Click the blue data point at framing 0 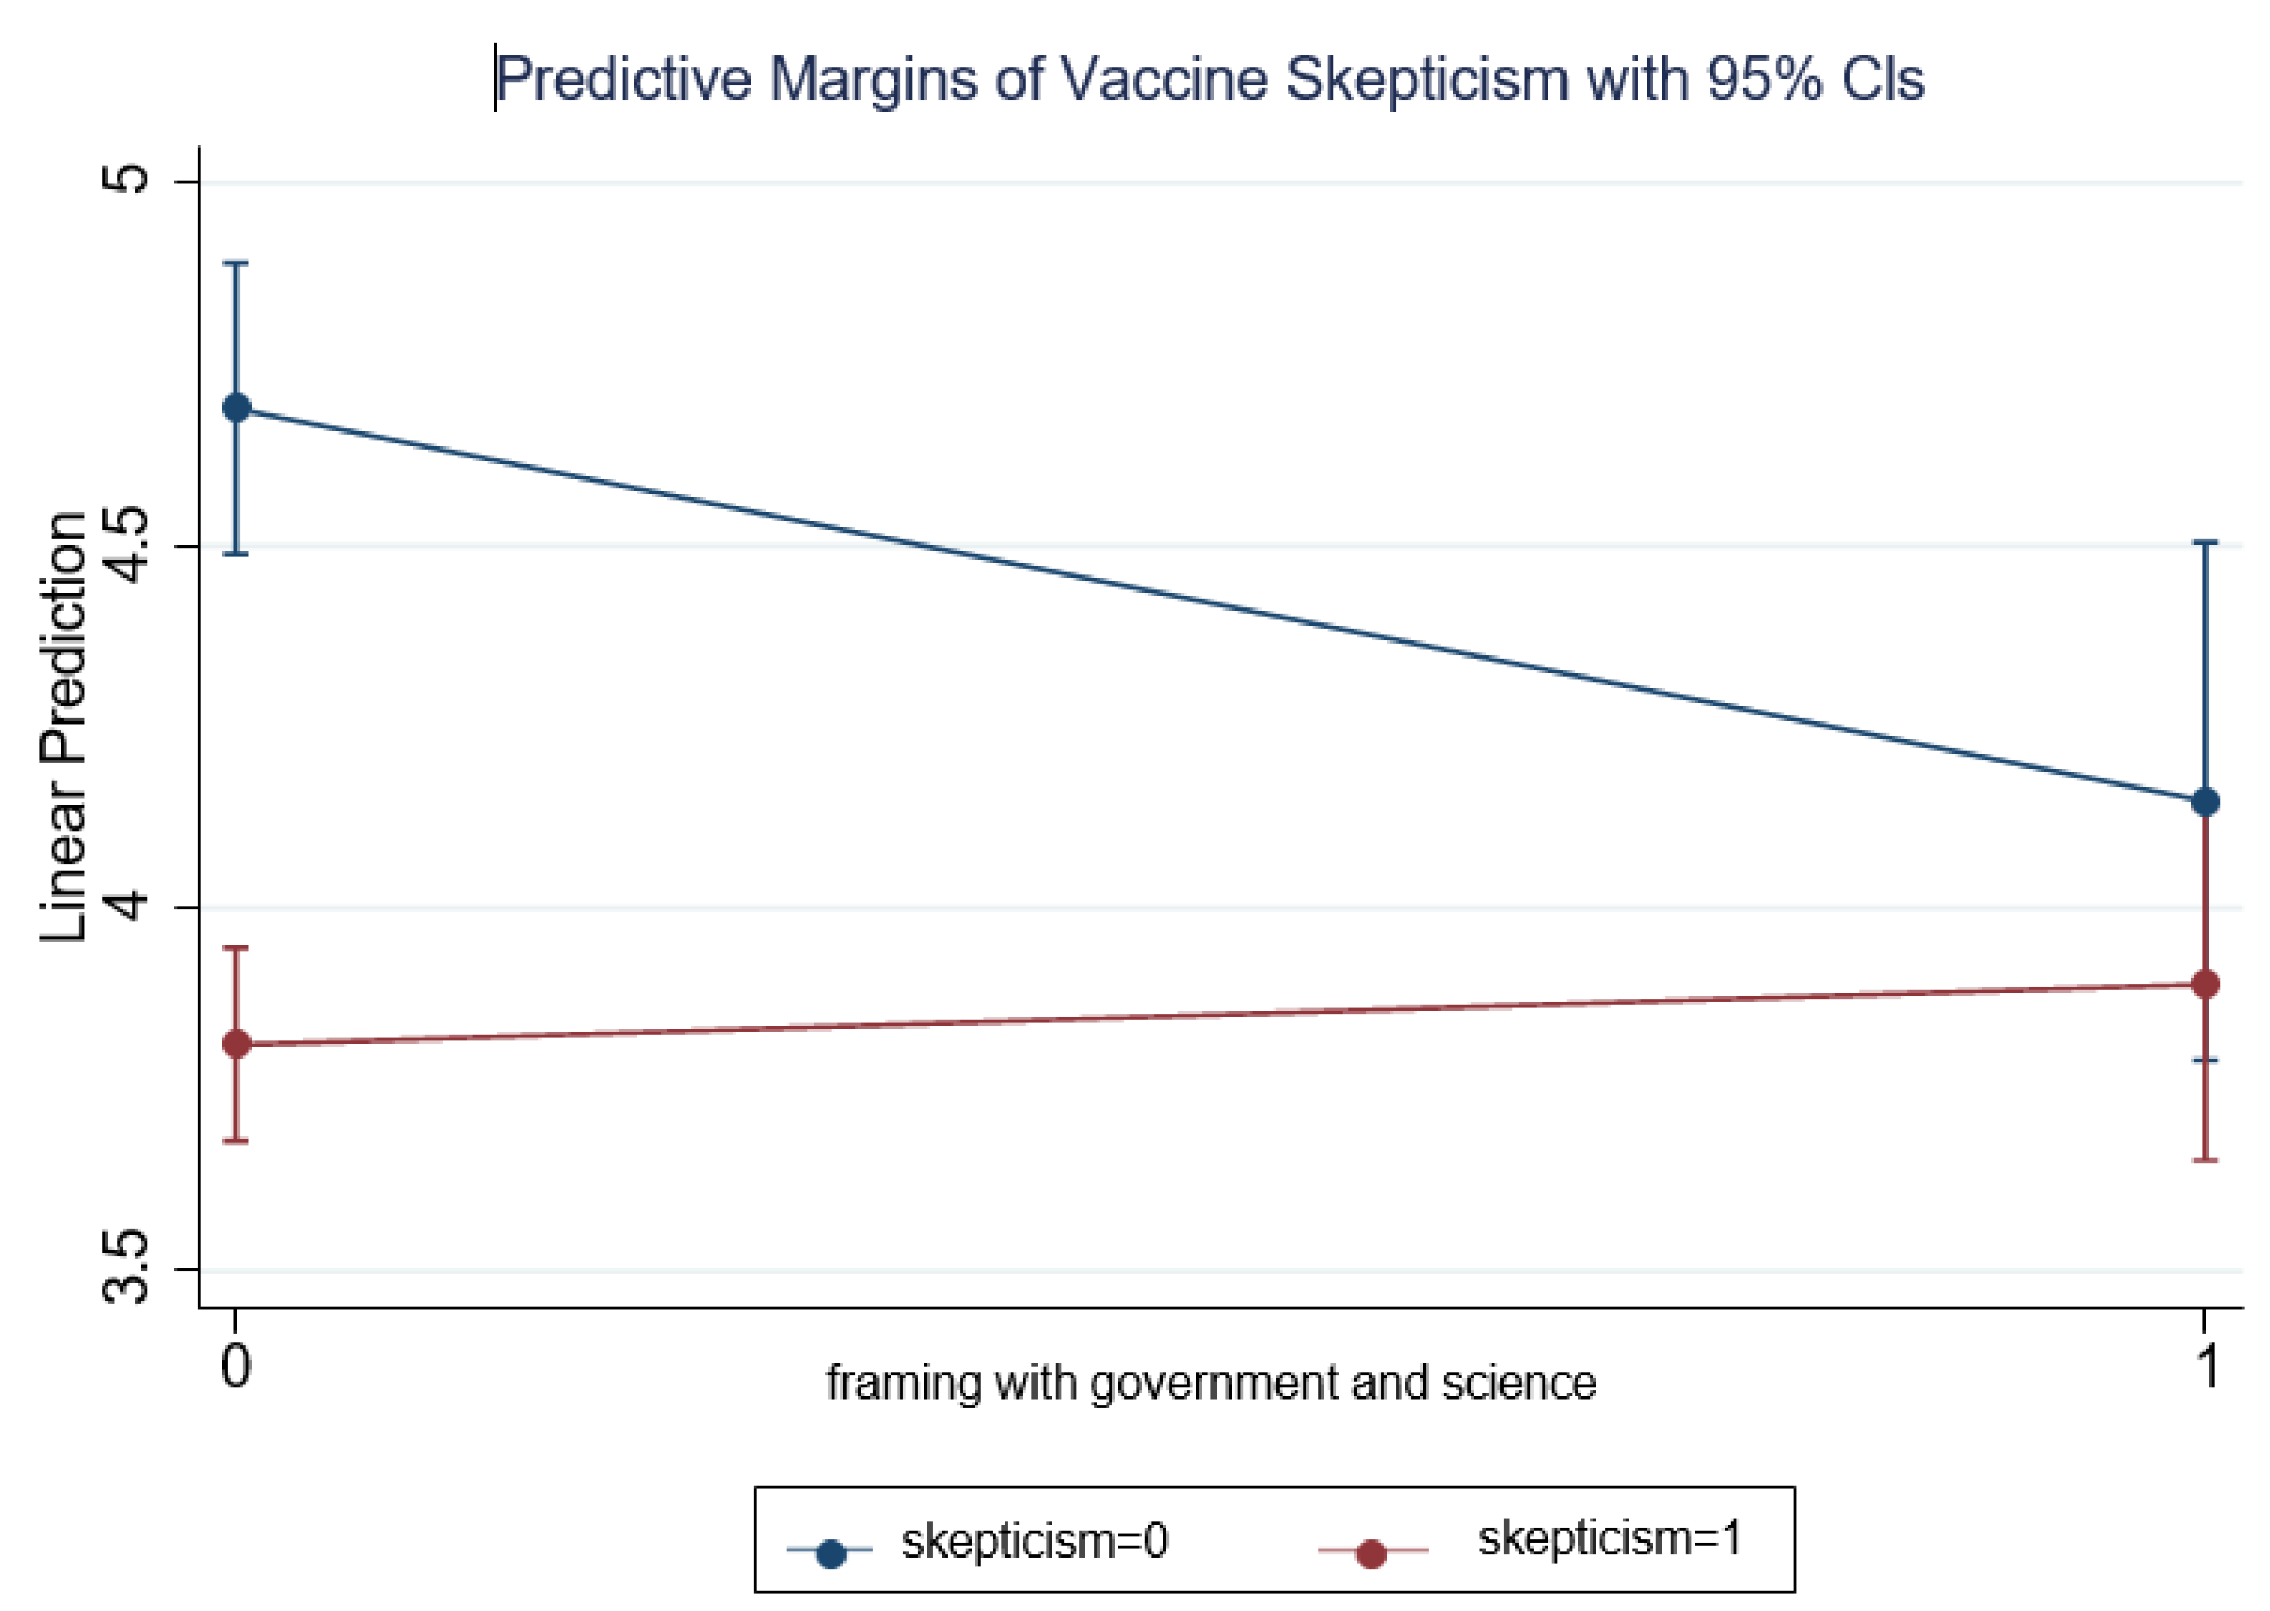point(236,408)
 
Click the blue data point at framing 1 point(2205,802)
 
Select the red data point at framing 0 point(236,1044)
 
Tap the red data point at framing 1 point(2205,984)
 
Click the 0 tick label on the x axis point(235,1366)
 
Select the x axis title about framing point(1211,1382)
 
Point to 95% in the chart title point(1764,79)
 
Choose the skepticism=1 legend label point(1609,1539)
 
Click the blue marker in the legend point(830,1554)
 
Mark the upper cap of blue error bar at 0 point(235,263)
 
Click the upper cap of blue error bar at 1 point(2205,542)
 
